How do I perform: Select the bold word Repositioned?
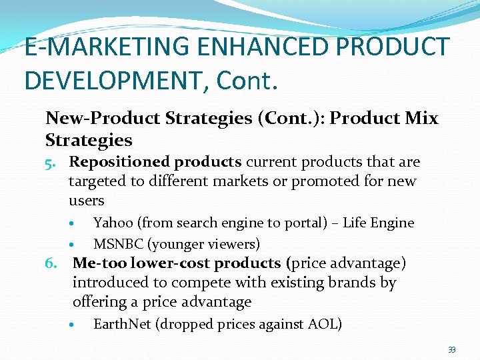121,162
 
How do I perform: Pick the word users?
87,201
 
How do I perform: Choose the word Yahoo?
113,223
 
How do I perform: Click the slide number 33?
451,349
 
